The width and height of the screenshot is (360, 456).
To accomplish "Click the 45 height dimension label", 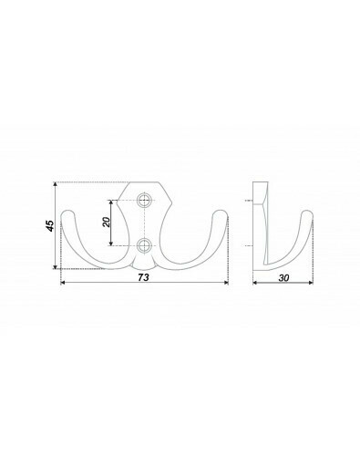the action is point(50,225).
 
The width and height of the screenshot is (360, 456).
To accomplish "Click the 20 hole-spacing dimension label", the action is point(107,222).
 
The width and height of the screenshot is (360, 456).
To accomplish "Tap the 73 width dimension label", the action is point(143,277).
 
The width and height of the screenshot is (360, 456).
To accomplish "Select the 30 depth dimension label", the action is point(283,277).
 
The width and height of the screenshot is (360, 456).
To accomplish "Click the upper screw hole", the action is point(144,201).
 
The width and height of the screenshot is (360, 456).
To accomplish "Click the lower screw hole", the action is point(144,245).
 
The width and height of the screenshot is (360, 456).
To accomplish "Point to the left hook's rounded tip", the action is point(67,212).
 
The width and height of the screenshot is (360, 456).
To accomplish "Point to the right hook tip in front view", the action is point(221,212).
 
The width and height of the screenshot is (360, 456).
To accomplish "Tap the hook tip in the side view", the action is point(307,212).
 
